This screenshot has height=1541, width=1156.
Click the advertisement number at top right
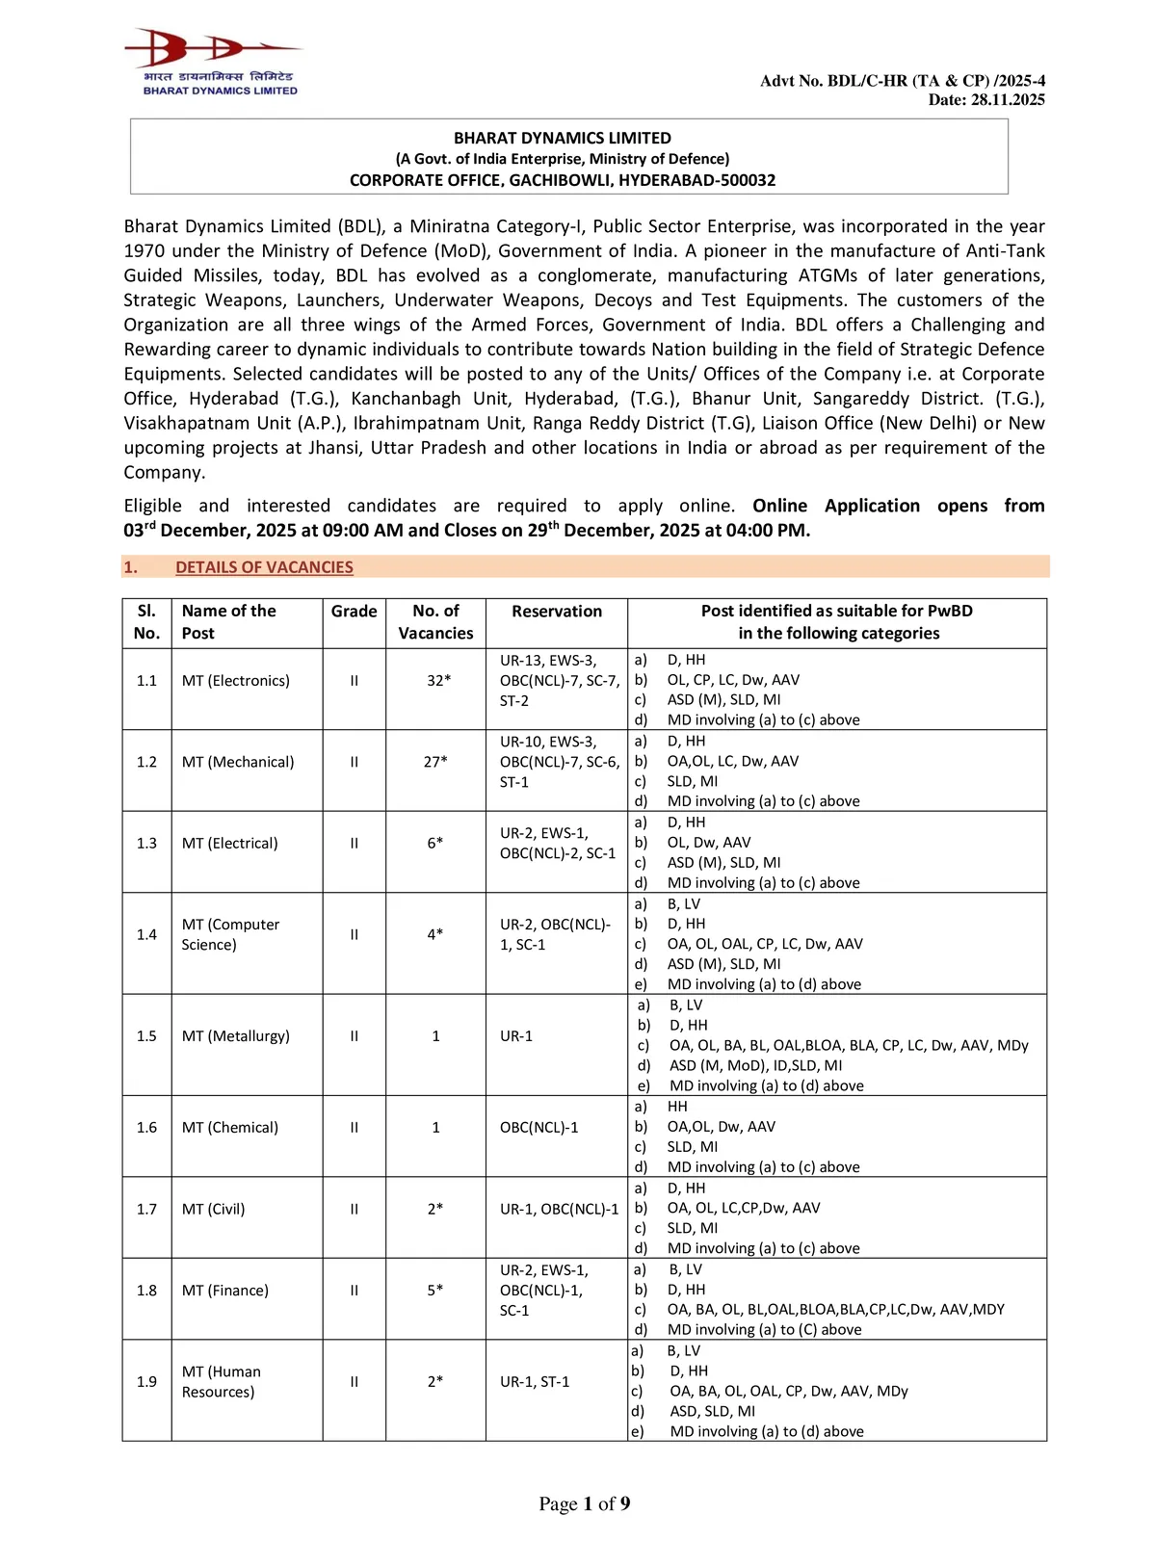(x=902, y=81)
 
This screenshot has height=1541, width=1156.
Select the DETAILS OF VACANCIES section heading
(x=264, y=567)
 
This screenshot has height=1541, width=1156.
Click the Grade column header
(x=354, y=612)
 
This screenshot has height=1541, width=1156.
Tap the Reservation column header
(x=556, y=612)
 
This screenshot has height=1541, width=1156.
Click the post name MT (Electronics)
(x=235, y=681)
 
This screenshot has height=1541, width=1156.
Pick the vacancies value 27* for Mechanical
(x=434, y=762)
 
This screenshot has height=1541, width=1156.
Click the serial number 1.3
(x=146, y=844)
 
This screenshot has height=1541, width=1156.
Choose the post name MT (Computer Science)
(x=230, y=934)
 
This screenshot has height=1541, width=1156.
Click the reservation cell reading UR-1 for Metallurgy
(x=516, y=1036)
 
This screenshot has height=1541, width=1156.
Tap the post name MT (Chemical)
(x=229, y=1128)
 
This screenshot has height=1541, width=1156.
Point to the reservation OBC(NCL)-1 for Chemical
(x=539, y=1128)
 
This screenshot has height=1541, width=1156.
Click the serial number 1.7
(x=146, y=1210)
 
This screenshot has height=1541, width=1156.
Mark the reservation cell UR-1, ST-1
(x=534, y=1382)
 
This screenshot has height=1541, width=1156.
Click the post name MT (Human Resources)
(x=221, y=1382)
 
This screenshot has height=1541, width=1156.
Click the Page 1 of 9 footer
(x=584, y=1504)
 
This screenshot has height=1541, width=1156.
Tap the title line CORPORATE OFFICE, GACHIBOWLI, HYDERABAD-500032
(x=562, y=180)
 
